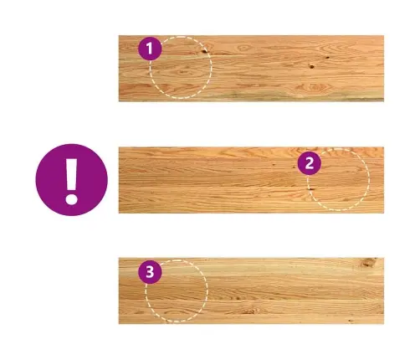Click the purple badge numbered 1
(150, 49)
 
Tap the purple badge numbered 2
(310, 163)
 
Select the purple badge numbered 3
(150, 272)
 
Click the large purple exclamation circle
(71, 180)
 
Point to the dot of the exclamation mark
(71, 199)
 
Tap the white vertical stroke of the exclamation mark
(71, 175)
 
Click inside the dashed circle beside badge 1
(181, 67)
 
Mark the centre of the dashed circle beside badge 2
(339, 179)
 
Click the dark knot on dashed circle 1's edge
(204, 51)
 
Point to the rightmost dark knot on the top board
(327, 58)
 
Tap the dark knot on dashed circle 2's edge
(310, 189)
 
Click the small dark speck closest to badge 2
(294, 167)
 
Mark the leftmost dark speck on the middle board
(274, 164)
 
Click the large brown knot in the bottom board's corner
(368, 262)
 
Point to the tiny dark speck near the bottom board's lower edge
(351, 321)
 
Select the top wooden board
(251, 69)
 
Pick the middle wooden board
(251, 180)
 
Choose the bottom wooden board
(251, 291)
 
